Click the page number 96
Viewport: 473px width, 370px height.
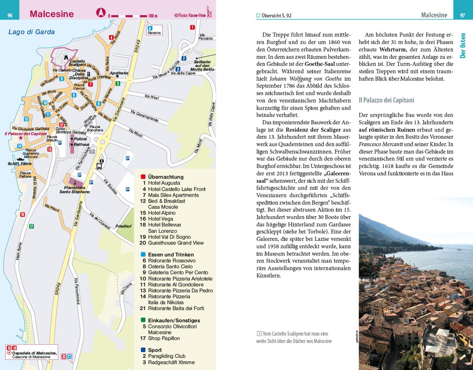point(10,15)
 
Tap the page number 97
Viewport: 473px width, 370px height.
point(462,15)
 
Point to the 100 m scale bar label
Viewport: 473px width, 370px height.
point(153,16)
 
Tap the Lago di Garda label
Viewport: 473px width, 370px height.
point(31,32)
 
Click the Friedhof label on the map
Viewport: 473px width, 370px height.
point(123,226)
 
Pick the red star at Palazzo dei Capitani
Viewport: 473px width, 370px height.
point(21,138)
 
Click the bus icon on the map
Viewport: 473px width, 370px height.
point(99,166)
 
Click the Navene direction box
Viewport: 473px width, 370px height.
point(153,30)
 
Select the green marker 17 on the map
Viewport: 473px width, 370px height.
point(31,226)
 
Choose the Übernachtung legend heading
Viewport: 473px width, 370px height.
point(165,177)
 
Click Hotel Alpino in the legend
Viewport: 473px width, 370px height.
point(161,213)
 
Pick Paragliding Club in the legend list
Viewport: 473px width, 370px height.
point(167,356)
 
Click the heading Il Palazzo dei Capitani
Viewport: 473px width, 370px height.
point(386,100)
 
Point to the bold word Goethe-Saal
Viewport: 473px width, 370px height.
point(320,64)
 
